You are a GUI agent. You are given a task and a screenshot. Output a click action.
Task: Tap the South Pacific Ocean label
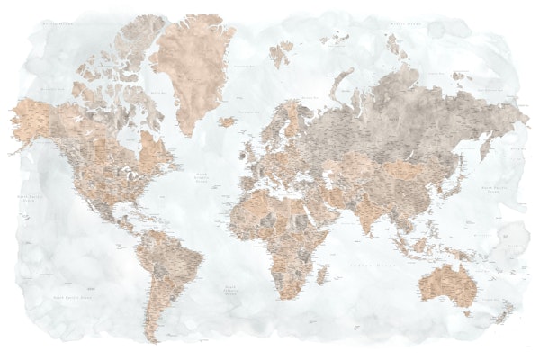pyautogui.click(x=74, y=295)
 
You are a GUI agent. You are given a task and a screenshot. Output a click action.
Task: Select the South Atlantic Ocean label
pyautogui.click(x=236, y=291)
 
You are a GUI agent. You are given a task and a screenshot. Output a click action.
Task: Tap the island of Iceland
pyautogui.click(x=229, y=121)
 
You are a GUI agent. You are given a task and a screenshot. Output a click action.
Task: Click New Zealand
pyautogui.click(x=510, y=304)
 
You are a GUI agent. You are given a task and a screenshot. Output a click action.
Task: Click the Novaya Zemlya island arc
pyautogui.click(x=340, y=85)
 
